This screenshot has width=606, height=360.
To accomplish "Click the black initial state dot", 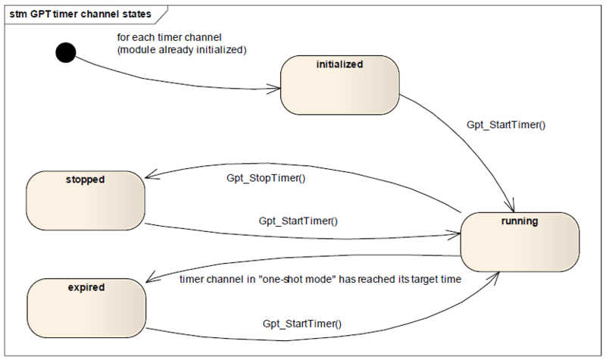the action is coord(66,52).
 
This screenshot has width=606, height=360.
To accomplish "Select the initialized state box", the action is coord(339,85).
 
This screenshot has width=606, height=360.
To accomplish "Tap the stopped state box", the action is coord(86,201).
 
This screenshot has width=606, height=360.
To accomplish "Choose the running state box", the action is coord(520,242).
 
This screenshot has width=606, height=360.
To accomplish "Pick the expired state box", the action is coord(86,308).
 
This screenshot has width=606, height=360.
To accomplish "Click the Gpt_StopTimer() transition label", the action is coord(266,178).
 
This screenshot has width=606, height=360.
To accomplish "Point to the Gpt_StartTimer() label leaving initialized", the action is coord(506,125).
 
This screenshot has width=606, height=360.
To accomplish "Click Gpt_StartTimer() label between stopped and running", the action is coord(298,221).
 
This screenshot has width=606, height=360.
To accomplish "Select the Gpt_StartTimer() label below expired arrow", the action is coord(302,324).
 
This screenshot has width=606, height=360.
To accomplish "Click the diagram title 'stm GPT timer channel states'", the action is coord(80,14).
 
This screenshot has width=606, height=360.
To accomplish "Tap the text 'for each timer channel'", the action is coord(169,37).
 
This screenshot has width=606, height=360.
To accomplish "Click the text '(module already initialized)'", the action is coord(182,50).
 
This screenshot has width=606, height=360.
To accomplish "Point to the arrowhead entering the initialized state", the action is coord(274,89).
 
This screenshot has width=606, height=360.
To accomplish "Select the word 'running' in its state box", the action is coord(520,221).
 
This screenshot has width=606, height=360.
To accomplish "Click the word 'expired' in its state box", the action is coord(86,288).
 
